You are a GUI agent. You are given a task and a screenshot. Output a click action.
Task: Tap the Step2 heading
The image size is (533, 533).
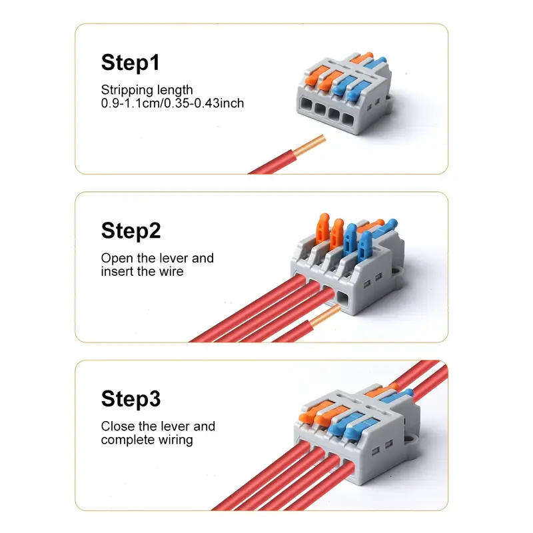tap(131, 231)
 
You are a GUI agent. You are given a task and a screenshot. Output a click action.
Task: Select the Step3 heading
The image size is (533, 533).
tap(131, 399)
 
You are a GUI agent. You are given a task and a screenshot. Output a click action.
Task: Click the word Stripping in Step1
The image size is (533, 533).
tap(126, 90)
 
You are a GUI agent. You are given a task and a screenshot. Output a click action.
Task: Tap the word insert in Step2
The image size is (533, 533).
tap(117, 271)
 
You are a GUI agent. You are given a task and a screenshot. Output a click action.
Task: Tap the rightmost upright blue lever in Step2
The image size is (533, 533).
tap(364, 244)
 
